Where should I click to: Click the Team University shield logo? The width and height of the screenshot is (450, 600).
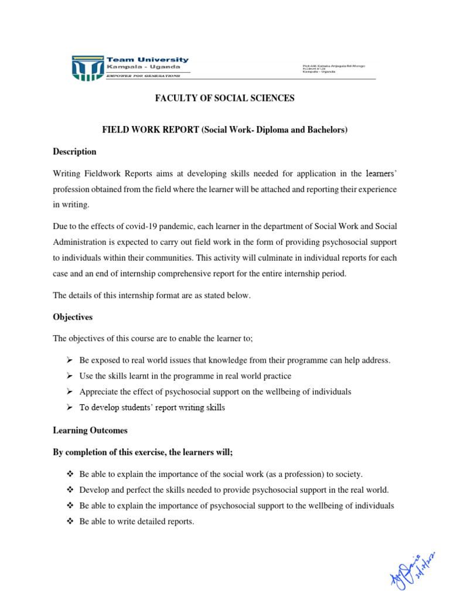point(87,68)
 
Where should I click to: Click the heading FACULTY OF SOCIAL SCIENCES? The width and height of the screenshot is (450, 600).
point(224,98)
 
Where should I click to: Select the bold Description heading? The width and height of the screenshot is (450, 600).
point(74,152)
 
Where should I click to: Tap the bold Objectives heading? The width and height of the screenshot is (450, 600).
point(73,317)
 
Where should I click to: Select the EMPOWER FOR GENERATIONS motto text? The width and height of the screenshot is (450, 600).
point(143,76)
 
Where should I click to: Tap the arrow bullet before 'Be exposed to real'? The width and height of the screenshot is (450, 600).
point(68,360)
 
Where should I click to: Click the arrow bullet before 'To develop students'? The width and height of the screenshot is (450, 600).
point(68,407)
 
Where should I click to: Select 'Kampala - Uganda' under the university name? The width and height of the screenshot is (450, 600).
point(134,67)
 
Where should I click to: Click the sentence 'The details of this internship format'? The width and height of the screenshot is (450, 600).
point(152,296)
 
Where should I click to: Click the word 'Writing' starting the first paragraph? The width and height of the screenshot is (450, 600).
point(66,174)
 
